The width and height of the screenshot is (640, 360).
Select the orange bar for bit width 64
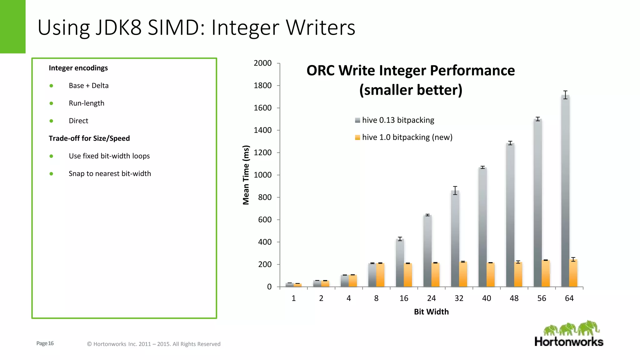coord(573,274)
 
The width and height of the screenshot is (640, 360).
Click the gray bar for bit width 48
coord(510,216)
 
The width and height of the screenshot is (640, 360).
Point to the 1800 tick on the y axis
coord(262,86)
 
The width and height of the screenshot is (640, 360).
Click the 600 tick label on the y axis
coord(264,220)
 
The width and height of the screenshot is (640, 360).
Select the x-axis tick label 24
coord(431,298)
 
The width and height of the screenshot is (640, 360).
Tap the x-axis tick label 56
coord(542,298)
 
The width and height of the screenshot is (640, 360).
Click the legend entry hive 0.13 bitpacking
coord(397,120)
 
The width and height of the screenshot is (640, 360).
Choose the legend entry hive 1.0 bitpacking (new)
coord(407,137)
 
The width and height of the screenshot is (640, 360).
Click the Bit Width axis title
coord(431,312)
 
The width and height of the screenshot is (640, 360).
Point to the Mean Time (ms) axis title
coord(246,175)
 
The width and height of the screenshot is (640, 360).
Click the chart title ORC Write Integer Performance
coord(410,71)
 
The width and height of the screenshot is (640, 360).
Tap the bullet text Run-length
coord(87,103)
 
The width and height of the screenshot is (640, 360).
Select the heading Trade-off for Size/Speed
coord(89,138)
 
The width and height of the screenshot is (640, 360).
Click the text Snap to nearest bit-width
coord(110,174)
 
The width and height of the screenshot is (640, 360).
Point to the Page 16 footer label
coord(45,343)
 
